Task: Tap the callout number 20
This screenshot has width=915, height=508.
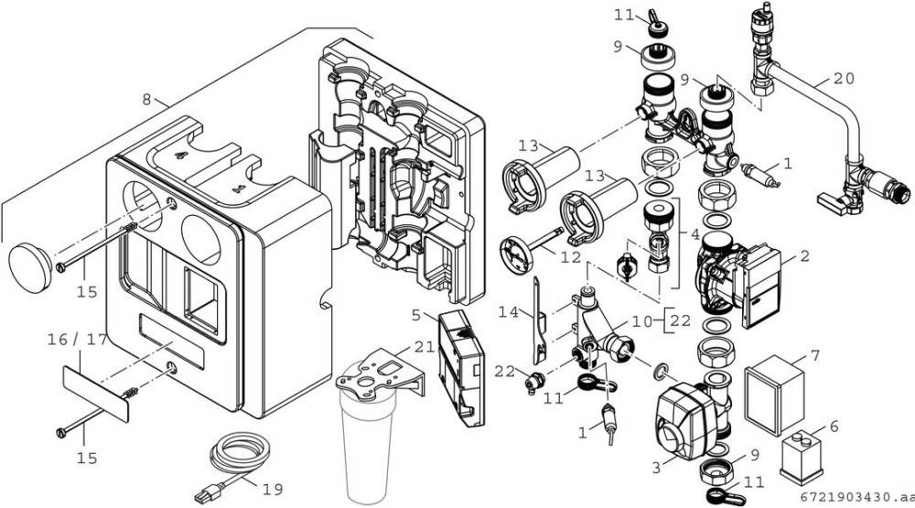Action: click(x=843, y=79)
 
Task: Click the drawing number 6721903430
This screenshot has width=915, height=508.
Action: click(x=850, y=497)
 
